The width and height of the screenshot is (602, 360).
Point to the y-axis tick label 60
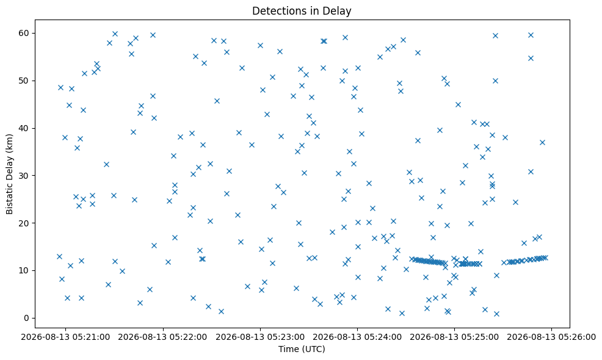[x=24, y=33]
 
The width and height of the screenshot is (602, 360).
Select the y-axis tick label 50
[x=24, y=81]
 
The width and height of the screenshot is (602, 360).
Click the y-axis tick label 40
[x=24, y=128]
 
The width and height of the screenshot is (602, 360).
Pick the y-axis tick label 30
[x=24, y=175]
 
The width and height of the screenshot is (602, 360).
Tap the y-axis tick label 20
[x=24, y=223]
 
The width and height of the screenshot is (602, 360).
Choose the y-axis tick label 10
[x=24, y=270]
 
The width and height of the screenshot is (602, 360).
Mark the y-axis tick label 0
[x=27, y=318]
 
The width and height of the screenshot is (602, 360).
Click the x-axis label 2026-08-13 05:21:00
[x=65, y=337]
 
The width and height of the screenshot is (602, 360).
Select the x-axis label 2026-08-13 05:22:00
[x=163, y=337]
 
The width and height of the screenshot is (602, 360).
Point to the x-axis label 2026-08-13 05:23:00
[x=260, y=337]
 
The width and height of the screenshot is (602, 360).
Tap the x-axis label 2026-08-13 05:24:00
[x=357, y=337]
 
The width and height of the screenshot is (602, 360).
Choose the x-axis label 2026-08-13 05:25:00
[x=455, y=337]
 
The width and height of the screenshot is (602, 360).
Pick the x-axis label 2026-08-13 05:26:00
[x=552, y=337]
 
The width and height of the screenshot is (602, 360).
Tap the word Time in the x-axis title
[x=288, y=349]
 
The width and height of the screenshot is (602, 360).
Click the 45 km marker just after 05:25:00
[x=458, y=104]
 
